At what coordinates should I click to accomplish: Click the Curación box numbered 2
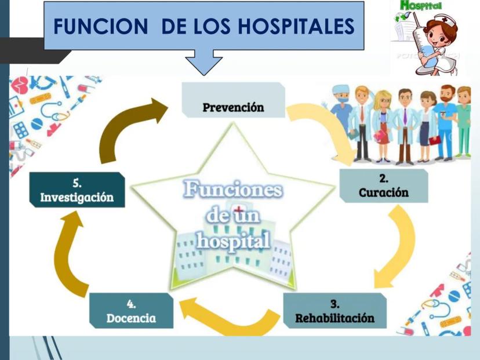(383, 186)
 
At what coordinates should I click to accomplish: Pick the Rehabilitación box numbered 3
(334, 311)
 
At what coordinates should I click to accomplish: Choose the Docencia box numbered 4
(131, 311)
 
